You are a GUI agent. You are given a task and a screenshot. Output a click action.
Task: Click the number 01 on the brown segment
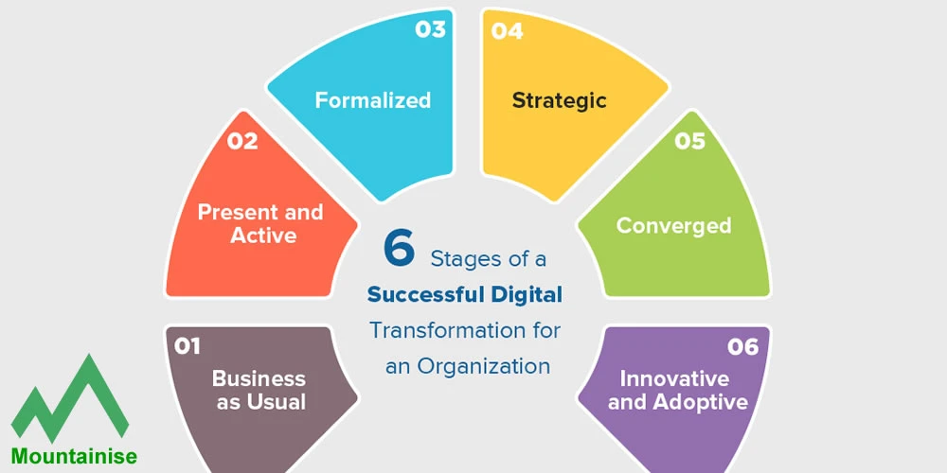click(188, 346)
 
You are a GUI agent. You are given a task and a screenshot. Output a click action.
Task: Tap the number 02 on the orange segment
click(242, 141)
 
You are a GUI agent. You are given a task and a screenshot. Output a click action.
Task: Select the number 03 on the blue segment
click(430, 29)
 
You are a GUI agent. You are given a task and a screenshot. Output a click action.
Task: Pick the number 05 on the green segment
click(689, 141)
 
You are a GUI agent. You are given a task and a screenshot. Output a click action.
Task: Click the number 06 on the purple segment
click(743, 347)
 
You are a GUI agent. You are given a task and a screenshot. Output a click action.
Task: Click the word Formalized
click(373, 99)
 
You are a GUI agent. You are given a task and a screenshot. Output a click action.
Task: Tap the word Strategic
click(560, 99)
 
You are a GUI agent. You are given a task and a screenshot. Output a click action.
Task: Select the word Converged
click(673, 225)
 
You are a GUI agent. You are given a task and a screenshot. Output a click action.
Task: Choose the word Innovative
click(674, 378)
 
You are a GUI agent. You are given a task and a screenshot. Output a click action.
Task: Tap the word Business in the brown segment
click(259, 378)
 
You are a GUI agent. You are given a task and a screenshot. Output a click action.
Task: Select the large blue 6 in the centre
click(399, 248)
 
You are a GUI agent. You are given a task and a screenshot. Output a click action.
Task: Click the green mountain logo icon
click(70, 398)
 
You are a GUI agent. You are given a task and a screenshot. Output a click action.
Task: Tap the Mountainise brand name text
click(74, 456)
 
